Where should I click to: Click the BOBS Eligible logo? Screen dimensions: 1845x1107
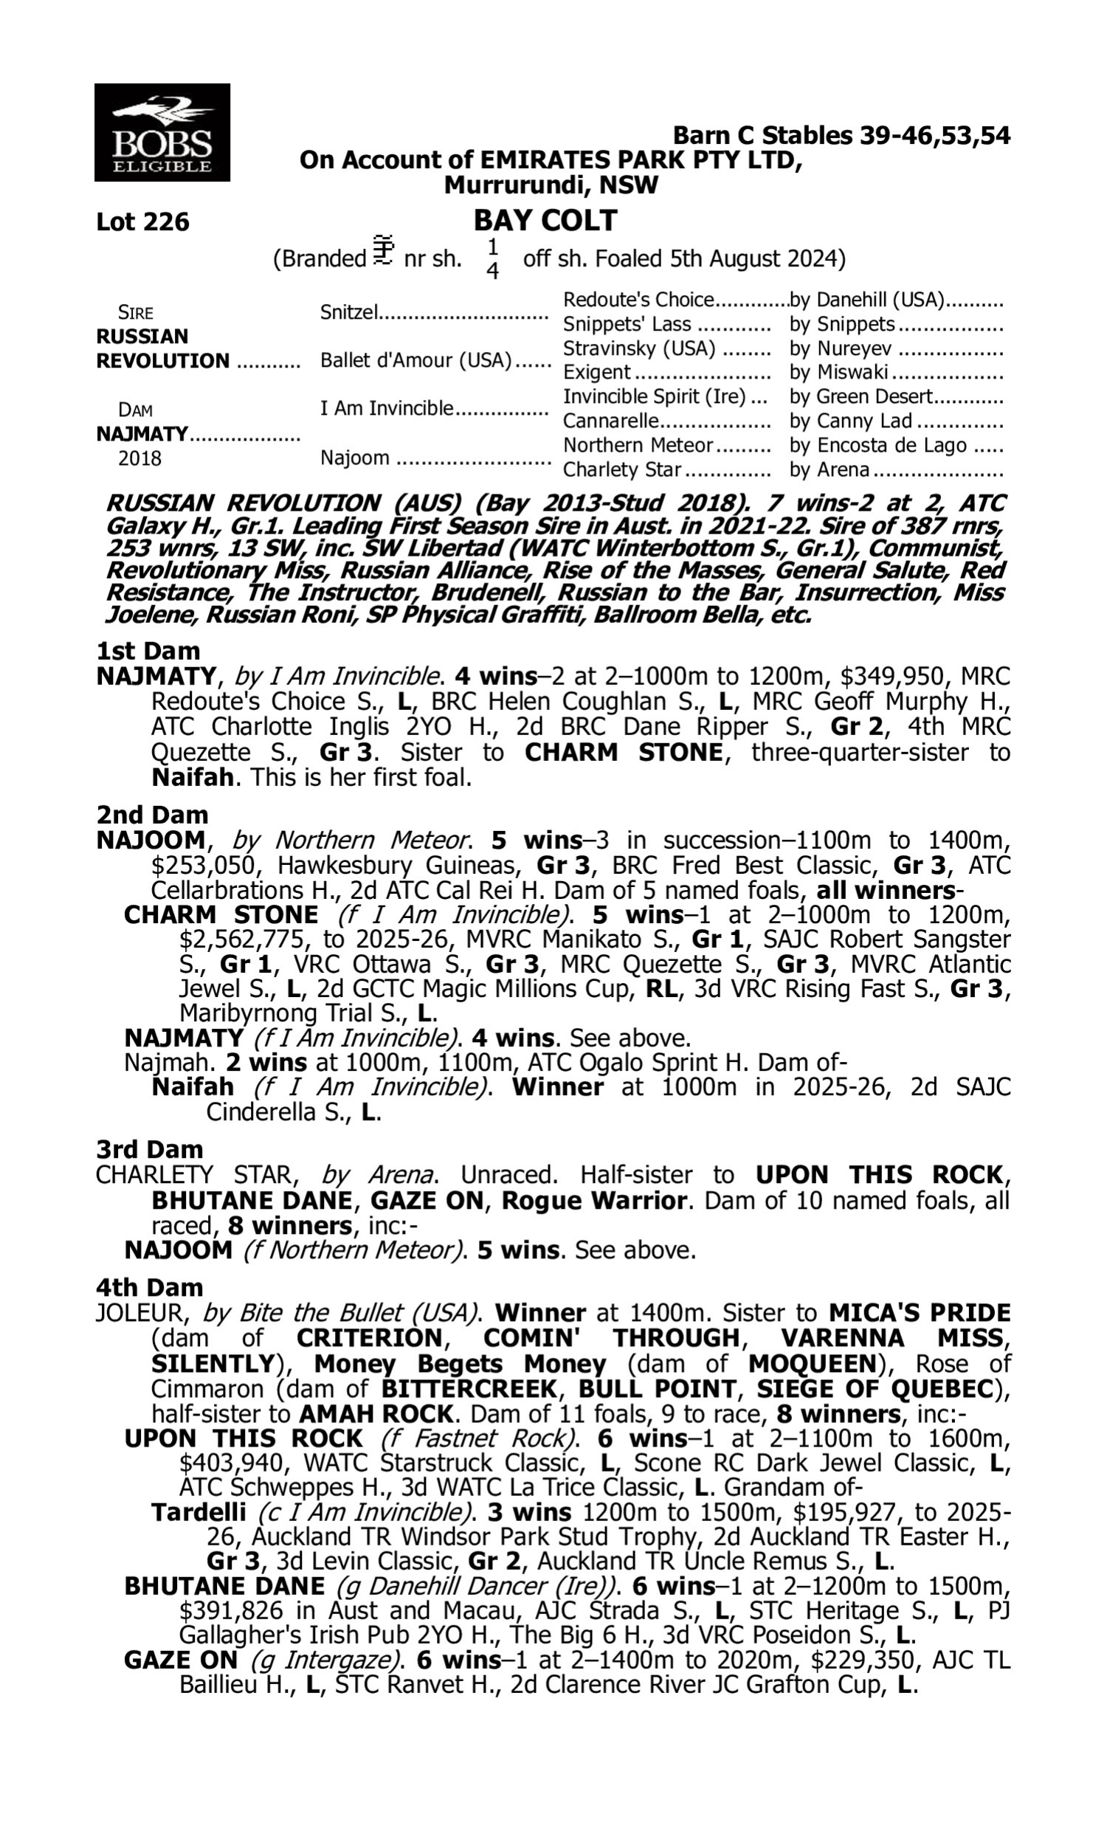click(162, 133)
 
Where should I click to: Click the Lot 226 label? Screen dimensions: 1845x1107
click(142, 221)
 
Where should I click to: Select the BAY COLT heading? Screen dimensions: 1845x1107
click(545, 220)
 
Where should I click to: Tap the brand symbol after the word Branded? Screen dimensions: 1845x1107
click(384, 252)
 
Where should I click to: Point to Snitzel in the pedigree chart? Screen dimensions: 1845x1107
click(349, 311)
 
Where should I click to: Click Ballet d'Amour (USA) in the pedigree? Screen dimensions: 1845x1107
click(415, 360)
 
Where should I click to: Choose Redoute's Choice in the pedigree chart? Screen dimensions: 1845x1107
click(638, 300)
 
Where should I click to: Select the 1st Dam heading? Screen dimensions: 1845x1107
click(148, 651)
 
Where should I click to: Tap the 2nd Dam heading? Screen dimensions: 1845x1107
click(152, 814)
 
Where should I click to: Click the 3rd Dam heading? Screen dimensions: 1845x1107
click(149, 1149)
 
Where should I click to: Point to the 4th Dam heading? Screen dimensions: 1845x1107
click(149, 1287)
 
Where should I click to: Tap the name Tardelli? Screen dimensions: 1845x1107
click(199, 1512)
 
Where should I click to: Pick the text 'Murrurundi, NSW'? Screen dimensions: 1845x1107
click(551, 185)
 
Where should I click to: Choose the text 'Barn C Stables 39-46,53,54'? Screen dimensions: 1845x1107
click(841, 136)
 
